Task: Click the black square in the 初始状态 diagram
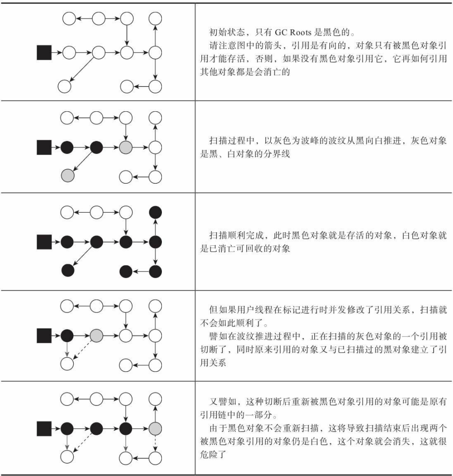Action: point(44,53)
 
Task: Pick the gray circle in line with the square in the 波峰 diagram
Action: point(127,147)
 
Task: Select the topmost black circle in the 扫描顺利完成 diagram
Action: point(155,212)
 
